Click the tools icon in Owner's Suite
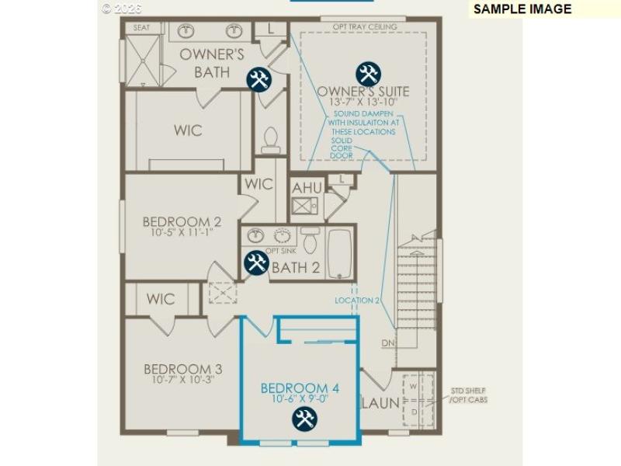[x=368, y=74]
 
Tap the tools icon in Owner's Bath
[x=258, y=78]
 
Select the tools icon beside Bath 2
[x=256, y=263]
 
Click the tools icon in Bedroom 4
[x=304, y=419]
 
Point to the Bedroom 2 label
[x=177, y=221]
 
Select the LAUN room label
[x=380, y=403]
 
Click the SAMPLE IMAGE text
[x=522, y=9]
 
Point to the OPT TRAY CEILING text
[x=365, y=27]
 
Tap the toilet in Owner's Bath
[x=271, y=140]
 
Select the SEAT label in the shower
[x=141, y=28]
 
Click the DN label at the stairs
[x=388, y=343]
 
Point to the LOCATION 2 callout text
[x=357, y=300]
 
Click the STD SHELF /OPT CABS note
[x=469, y=395]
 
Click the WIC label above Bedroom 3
[x=161, y=299]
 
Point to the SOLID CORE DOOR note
[x=342, y=148]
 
